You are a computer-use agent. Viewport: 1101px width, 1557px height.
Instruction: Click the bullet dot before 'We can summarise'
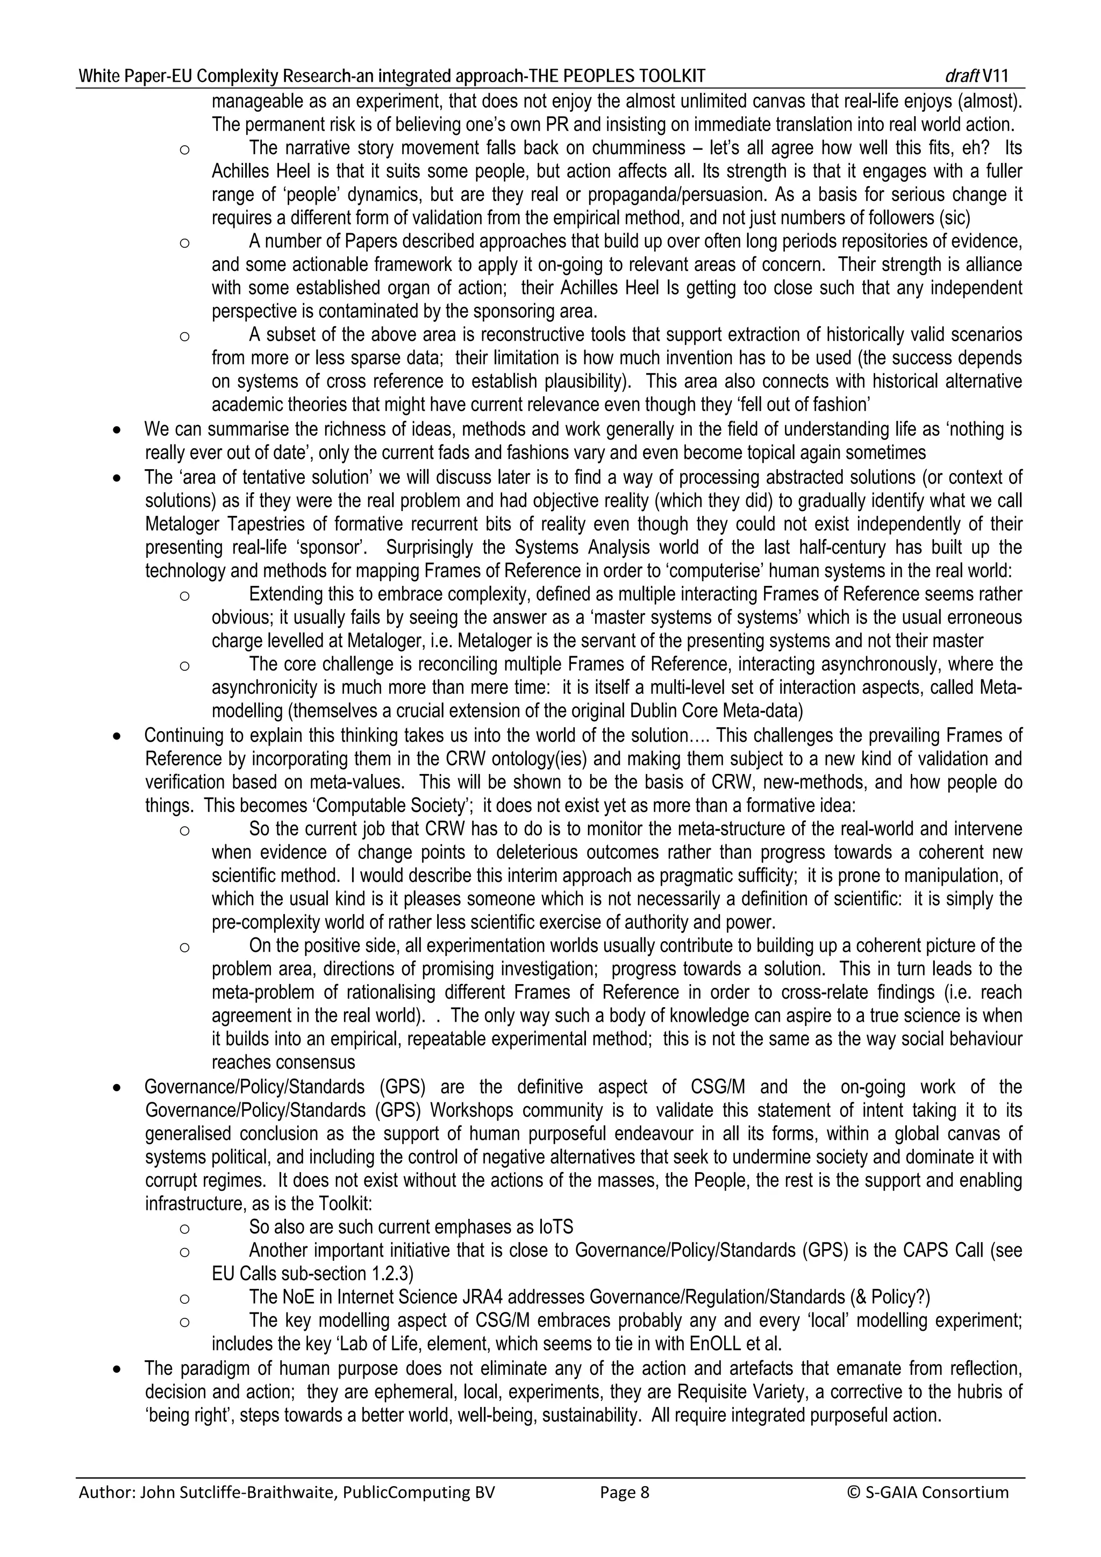click(x=118, y=430)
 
